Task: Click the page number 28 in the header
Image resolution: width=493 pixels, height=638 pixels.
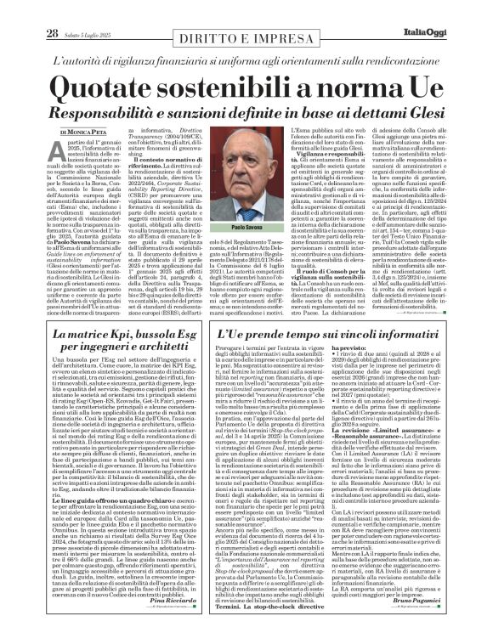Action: [x=28, y=10]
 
